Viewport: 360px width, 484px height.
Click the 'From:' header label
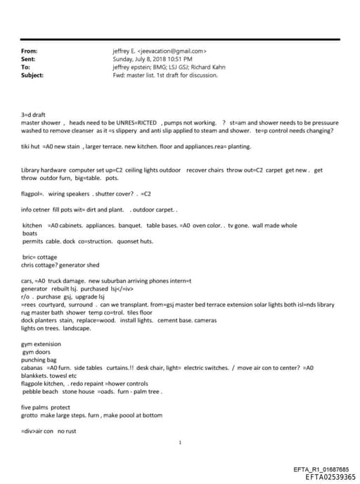(30, 51)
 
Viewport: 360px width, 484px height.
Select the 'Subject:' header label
(32, 75)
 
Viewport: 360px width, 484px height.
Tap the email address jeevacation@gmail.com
(174, 51)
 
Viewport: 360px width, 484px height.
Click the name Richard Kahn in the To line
(202, 67)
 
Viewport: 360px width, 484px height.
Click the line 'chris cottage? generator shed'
(60, 265)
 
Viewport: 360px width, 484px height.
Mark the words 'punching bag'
(38, 359)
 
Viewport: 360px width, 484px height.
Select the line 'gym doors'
(36, 352)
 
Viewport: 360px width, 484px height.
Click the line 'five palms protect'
(46, 407)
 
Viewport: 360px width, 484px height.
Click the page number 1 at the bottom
(181, 442)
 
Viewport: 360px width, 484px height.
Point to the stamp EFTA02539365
(330, 477)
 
